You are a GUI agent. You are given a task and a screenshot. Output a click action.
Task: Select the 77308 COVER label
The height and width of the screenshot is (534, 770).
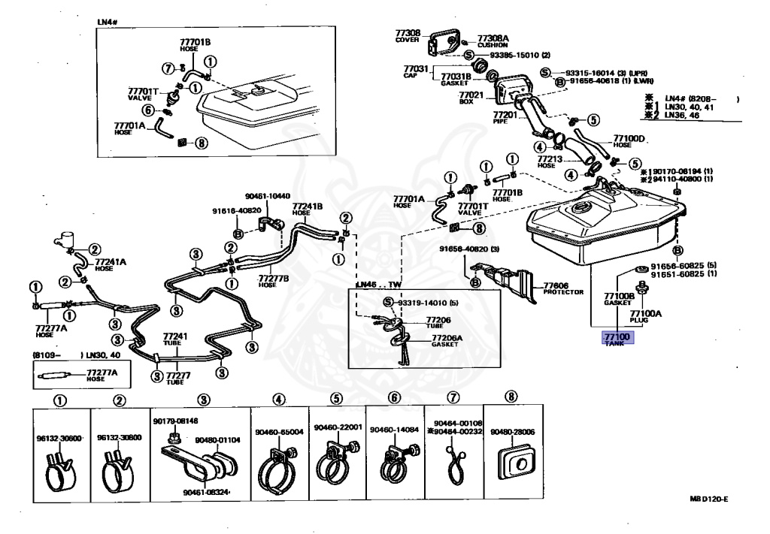click(408, 36)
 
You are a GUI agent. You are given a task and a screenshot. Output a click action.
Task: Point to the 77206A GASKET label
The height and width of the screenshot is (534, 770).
click(447, 341)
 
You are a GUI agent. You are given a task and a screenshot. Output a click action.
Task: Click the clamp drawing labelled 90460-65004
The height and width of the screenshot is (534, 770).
click(278, 464)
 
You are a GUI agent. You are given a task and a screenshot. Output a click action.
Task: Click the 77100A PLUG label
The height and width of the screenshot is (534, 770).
click(645, 315)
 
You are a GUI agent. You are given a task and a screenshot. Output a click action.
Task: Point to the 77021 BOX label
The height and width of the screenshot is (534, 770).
click(470, 97)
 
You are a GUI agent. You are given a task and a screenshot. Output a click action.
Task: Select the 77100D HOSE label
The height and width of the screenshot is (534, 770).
click(629, 140)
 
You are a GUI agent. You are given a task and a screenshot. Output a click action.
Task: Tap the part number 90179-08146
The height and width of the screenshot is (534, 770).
click(176, 421)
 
